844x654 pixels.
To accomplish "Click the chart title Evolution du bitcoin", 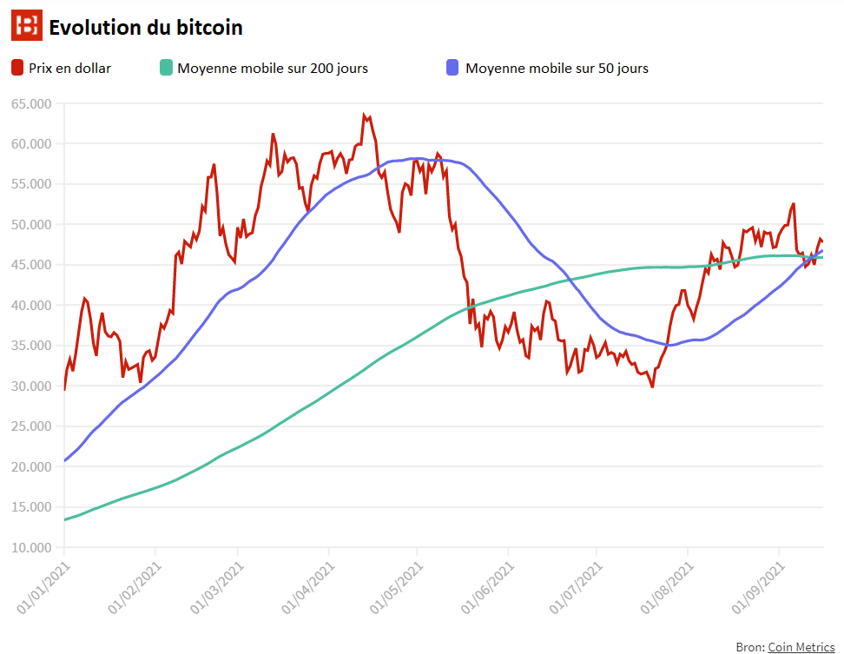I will click(145, 28).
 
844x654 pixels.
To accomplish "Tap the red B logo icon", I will click(26, 27).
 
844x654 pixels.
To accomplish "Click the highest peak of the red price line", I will click(364, 116).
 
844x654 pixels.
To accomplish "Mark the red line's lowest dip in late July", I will click(652, 387).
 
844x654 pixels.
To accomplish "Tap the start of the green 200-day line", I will click(64, 519).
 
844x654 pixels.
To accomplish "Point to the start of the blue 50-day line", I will click(64, 460).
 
